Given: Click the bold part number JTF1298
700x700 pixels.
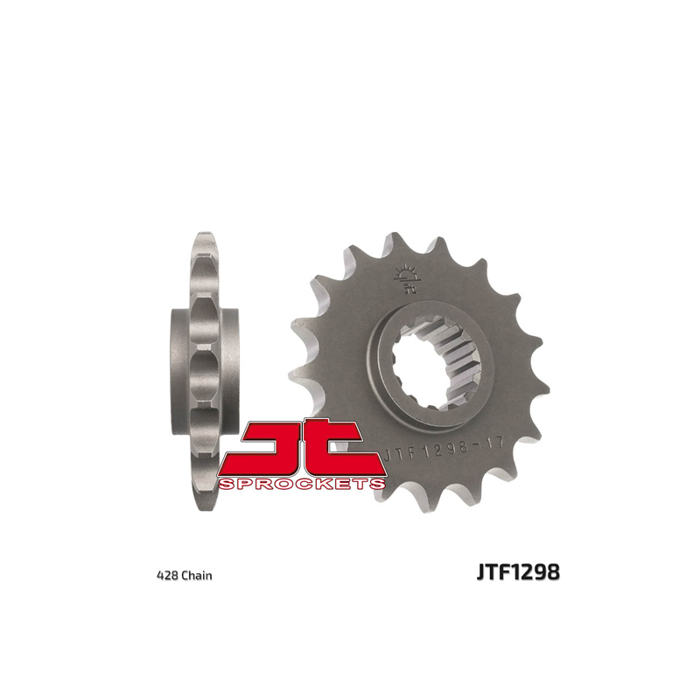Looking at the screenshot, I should pos(518,573).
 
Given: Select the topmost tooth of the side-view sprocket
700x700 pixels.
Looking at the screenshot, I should pos(204,239).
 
